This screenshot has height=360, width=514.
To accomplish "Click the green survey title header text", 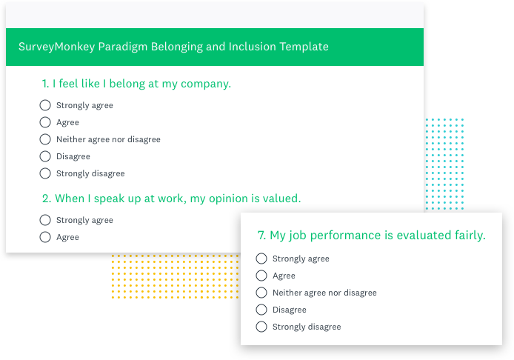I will coord(173,47).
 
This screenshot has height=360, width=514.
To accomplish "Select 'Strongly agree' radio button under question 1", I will coord(45,105).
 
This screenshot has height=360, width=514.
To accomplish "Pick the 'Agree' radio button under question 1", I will coord(45,122).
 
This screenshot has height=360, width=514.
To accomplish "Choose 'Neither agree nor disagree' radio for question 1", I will coord(45,139).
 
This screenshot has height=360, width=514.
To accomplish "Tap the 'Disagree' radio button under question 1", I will coord(45,156).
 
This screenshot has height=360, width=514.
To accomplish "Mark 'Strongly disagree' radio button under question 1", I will coord(45,173).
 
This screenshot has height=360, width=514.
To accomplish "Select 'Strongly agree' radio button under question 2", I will coord(45,220).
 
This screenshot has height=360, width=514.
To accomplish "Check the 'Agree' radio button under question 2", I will coord(45,237).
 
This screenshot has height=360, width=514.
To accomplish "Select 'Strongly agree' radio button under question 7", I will coord(261,259).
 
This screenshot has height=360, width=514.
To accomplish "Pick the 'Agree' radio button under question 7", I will coord(261,276).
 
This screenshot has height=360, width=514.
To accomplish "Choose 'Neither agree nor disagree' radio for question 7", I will coord(261,293).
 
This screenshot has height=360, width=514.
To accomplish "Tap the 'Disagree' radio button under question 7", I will coord(261,310).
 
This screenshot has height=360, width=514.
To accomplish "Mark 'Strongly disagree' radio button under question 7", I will coord(261,327).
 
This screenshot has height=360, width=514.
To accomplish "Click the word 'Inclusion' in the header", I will coord(251,47).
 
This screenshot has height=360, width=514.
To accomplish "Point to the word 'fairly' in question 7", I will coord(467,236).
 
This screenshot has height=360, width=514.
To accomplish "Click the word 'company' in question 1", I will coord(207,84).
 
